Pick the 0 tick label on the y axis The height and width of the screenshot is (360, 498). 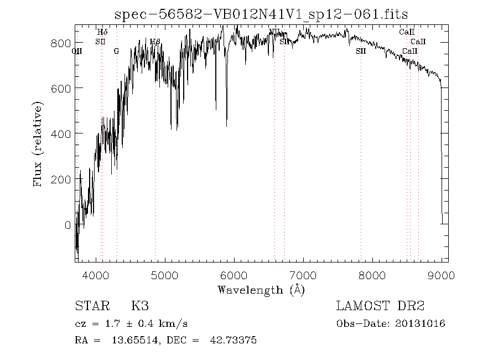(x=68, y=225)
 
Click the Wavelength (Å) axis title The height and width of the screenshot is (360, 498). (x=261, y=289)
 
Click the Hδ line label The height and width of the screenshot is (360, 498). (x=102, y=33)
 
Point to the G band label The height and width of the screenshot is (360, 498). (x=116, y=51)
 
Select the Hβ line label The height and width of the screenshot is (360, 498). (x=155, y=42)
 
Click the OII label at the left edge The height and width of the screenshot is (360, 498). (x=77, y=51)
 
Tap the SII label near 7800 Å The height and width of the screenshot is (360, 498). (x=361, y=51)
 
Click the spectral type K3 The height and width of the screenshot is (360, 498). (x=139, y=306)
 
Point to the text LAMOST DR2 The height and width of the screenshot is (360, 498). (x=380, y=306)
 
